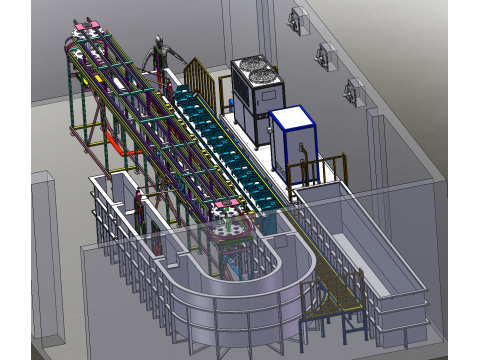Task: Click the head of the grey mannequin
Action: [158, 42]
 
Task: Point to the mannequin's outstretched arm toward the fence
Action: [177, 62]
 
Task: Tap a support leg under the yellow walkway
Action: [346, 322]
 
